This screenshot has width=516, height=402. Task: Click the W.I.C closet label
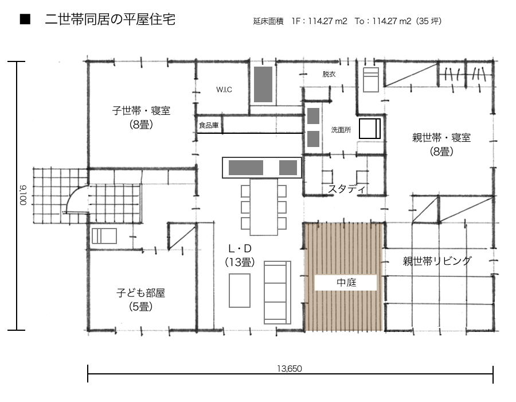click(x=224, y=89)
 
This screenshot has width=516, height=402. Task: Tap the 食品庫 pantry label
click(x=209, y=125)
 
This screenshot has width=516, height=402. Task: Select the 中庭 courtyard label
click(x=346, y=283)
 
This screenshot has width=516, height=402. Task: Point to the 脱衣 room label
click(x=329, y=74)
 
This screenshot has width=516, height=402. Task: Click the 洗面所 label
click(x=341, y=130)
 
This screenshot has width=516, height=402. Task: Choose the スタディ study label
click(x=346, y=189)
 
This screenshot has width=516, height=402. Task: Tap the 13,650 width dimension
click(x=290, y=368)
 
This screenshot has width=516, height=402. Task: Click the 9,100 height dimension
click(x=23, y=195)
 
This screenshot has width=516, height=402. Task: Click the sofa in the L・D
click(x=277, y=293)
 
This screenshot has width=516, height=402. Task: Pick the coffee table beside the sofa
click(x=240, y=290)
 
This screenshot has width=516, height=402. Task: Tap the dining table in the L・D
click(x=264, y=207)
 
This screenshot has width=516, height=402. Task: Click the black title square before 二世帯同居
click(x=25, y=20)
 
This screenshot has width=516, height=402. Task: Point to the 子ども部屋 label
click(x=140, y=293)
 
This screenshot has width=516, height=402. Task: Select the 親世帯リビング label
click(x=437, y=261)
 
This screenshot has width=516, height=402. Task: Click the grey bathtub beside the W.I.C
click(x=263, y=84)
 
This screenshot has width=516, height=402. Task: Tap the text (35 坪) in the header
click(x=428, y=21)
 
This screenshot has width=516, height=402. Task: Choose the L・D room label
click(x=240, y=248)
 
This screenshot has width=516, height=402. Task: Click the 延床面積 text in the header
click(x=268, y=21)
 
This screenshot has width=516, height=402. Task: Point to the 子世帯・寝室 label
click(x=141, y=110)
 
